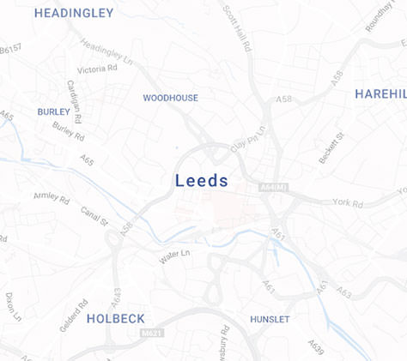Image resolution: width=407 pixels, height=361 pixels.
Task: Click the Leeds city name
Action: click(x=202, y=181)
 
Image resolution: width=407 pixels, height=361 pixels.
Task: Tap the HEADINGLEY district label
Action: click(x=73, y=14)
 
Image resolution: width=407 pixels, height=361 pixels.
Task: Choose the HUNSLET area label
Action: click(x=270, y=320)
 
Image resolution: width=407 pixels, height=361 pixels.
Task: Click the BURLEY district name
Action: click(x=53, y=112)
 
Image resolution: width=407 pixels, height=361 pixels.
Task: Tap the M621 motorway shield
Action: click(x=151, y=333)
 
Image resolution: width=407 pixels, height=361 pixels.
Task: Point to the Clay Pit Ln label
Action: click(x=248, y=135)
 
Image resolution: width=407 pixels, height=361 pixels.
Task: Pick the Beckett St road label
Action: click(x=331, y=148)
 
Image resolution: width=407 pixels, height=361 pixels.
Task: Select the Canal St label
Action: click(x=94, y=216)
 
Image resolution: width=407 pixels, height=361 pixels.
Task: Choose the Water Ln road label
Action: click(x=173, y=255)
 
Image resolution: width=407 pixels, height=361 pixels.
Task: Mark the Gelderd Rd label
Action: click(x=73, y=316)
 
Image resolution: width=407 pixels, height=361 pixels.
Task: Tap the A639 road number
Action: click(x=316, y=347)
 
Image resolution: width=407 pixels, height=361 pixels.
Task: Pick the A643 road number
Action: click(x=116, y=297)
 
